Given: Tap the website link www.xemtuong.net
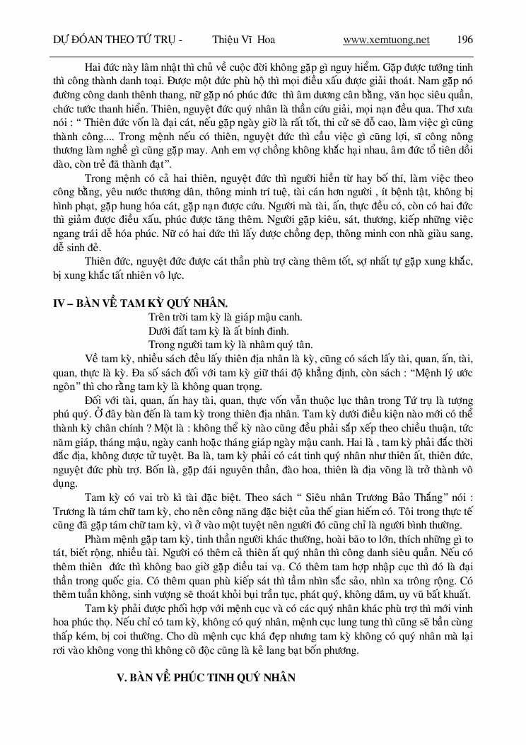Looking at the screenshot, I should tap(386, 40).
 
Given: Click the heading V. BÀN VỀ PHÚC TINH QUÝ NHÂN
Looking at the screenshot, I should tap(205, 677).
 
